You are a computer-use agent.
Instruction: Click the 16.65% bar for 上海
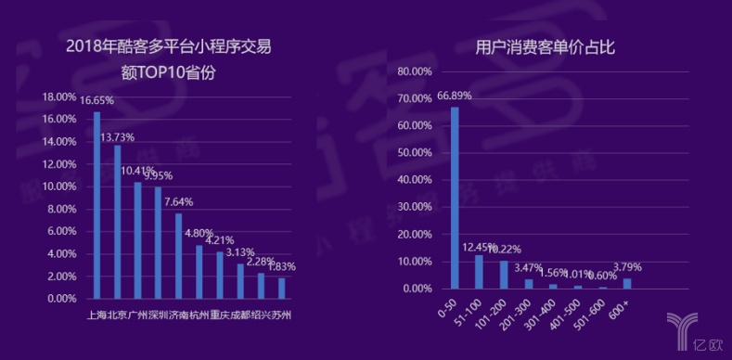[96, 205]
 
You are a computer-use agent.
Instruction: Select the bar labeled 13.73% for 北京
[117, 222]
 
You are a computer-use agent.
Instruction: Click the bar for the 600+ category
[627, 283]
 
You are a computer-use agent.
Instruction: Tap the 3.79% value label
[627, 267]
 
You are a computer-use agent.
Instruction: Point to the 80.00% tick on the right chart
[415, 71]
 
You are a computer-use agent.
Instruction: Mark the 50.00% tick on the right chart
[415, 153]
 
